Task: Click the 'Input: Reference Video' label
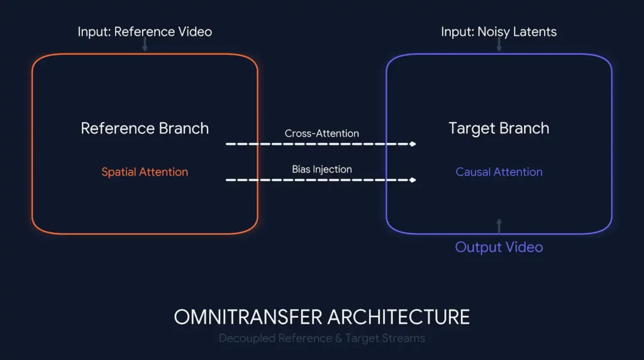pos(145,31)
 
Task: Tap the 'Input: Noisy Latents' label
pos(499,31)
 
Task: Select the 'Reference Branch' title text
pos(145,128)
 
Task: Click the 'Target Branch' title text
pos(499,128)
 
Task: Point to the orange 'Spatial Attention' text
pos(145,172)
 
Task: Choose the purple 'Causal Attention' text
pos(499,172)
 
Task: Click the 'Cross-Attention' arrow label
pos(321,133)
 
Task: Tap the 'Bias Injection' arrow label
pos(321,169)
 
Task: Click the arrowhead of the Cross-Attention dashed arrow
pos(413,144)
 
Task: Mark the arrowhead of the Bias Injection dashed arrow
pos(413,180)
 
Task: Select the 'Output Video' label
pos(499,247)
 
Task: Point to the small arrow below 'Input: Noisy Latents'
pos(499,45)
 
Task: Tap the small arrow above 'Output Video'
pos(499,225)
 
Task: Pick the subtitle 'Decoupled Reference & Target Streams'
pos(321,339)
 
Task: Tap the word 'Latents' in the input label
pos(534,31)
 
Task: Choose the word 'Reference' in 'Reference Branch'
pos(117,128)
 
